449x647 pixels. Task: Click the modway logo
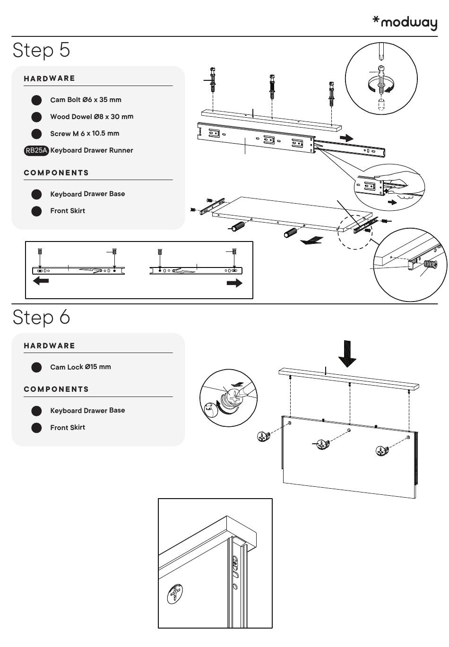pos(405,22)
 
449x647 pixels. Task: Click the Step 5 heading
pos(42,50)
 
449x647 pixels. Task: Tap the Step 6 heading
pos(42,317)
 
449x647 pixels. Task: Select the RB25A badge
pos(36,151)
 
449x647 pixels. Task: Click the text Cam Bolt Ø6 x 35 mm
pos(86,100)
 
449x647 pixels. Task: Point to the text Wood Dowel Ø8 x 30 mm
pos(92,117)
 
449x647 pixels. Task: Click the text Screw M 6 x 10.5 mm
pos(85,134)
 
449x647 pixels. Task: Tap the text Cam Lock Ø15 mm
pos(80,367)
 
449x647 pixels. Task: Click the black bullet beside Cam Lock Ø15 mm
pos(36,367)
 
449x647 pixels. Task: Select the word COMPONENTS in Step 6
pos(56,389)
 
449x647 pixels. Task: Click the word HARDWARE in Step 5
pos(50,78)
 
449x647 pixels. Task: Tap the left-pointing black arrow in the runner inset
pos(41,281)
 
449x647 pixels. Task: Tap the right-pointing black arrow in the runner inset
pos(234,283)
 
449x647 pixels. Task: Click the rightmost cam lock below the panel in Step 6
pos(382,451)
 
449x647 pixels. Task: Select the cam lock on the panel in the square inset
pos(175,594)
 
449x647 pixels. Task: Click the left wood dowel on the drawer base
pos(238,227)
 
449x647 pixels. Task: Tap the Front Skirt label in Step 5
pos(68,211)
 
